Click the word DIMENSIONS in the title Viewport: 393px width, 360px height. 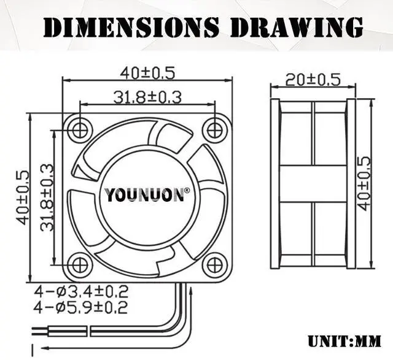coord(131,27)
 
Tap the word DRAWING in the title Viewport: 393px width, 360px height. coord(295,27)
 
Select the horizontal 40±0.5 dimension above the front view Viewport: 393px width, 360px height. coord(147,72)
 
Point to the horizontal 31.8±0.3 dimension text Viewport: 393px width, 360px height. coord(147,96)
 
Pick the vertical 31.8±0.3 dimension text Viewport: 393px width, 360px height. coord(47,197)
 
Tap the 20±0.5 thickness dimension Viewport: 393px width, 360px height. coord(313,79)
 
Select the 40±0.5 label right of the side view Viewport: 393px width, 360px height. coord(364,183)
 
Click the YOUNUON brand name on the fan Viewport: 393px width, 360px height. coord(144,196)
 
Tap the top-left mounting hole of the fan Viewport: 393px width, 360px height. coord(79,129)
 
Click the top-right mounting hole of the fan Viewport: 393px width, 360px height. coord(214,129)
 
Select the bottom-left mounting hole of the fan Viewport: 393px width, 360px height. coord(79,265)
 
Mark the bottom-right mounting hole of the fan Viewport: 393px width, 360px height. coord(214,265)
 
